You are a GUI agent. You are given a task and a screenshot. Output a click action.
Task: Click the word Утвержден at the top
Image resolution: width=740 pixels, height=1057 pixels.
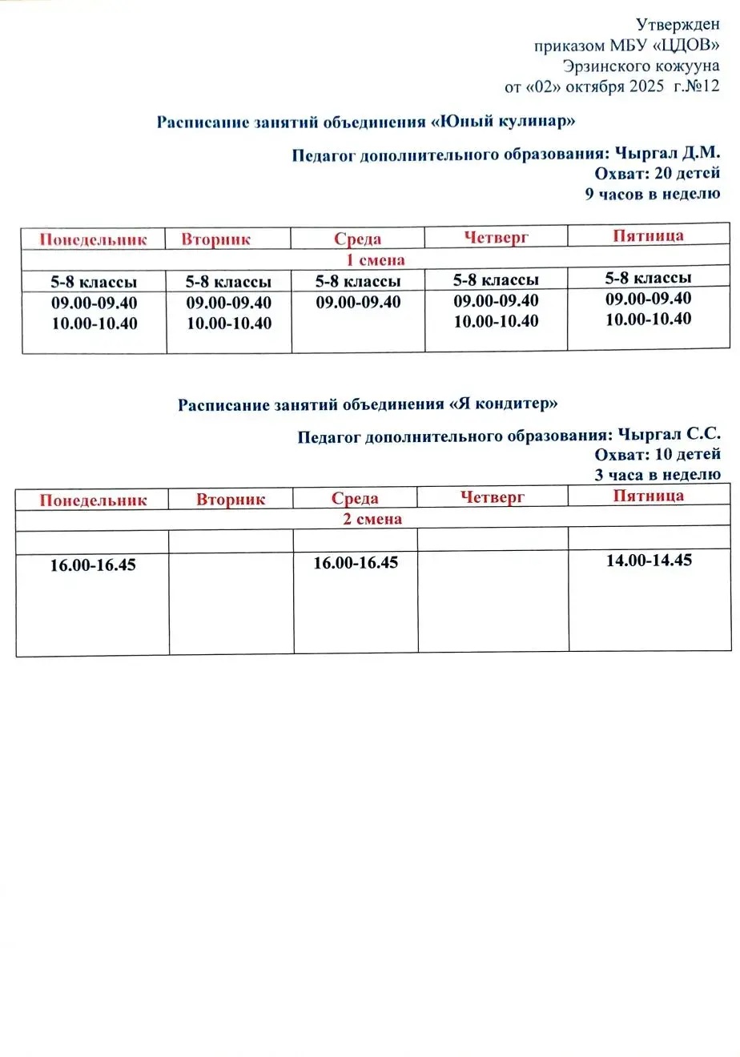point(678,25)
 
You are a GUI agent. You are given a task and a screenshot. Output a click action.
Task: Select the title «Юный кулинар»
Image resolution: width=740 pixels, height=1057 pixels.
point(504,122)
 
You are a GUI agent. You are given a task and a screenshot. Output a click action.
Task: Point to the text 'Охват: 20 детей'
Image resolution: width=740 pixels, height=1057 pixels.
point(657,173)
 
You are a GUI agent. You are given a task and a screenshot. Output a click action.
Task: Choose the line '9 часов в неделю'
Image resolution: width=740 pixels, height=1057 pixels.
point(653,194)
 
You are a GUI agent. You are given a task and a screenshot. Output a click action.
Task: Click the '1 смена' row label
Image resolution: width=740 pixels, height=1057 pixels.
point(376,259)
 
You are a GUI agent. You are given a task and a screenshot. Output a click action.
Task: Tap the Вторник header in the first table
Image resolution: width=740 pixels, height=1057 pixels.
point(215,239)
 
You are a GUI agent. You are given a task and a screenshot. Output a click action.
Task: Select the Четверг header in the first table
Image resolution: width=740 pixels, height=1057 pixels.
point(496,237)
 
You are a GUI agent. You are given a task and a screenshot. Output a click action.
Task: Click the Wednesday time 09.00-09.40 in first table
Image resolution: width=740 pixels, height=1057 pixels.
point(358,302)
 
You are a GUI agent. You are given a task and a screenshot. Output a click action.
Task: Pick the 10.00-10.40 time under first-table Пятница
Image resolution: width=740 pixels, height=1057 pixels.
point(648,319)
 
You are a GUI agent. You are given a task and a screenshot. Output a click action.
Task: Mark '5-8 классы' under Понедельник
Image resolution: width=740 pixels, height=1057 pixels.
point(94,282)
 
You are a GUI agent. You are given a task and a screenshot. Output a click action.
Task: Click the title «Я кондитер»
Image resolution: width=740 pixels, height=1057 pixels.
point(504,404)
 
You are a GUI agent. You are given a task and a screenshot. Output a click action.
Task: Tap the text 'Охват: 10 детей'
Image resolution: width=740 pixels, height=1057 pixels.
point(657,454)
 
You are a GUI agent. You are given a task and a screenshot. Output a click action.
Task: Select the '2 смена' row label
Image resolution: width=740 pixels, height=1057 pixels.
point(372,519)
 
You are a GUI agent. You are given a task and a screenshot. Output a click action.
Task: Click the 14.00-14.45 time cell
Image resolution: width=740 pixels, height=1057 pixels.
point(649,561)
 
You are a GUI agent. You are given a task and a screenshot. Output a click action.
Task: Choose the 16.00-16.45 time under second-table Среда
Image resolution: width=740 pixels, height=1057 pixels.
point(356,563)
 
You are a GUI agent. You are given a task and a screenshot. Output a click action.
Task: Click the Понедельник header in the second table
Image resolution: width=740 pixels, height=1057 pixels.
point(93,500)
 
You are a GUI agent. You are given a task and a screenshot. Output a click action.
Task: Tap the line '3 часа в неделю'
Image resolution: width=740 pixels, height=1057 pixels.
point(657,474)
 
